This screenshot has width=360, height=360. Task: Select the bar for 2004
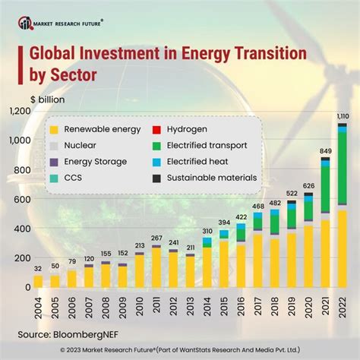click(38, 281)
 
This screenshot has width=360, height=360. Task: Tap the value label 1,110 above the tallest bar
click(343, 115)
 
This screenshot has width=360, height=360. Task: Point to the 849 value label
click(326, 152)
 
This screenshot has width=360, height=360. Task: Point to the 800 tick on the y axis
click(17, 169)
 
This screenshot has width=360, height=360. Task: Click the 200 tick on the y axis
click(17, 257)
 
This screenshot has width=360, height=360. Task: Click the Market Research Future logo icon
click(26, 24)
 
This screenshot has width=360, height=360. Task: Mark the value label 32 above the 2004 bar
click(38, 268)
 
